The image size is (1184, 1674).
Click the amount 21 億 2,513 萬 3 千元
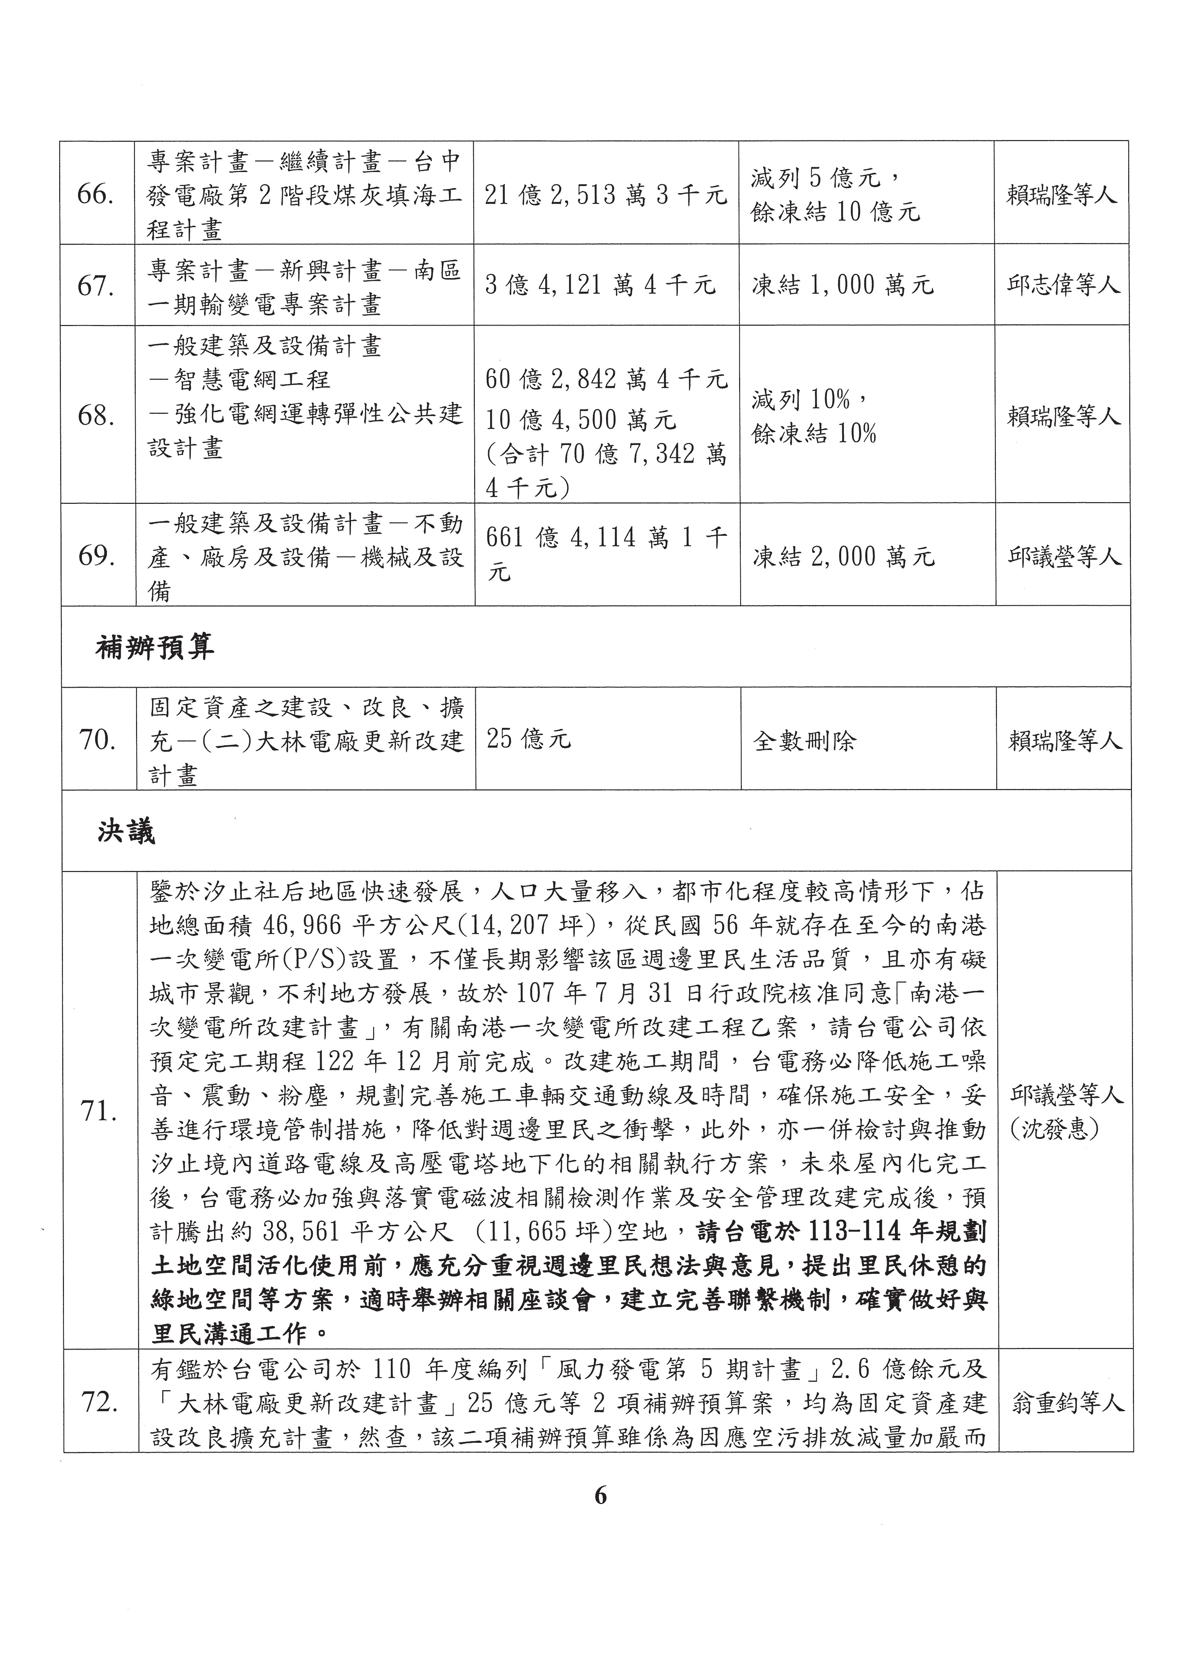click(x=605, y=195)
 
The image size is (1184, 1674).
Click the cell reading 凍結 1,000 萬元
click(x=843, y=285)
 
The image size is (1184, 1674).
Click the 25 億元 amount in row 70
click(x=529, y=739)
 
